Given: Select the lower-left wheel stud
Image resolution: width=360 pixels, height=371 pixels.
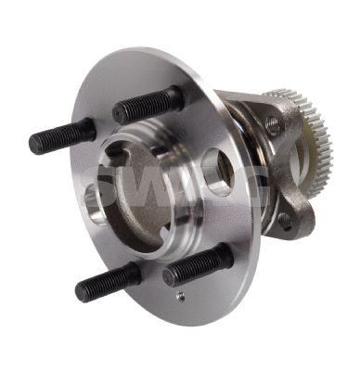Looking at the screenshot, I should click(x=107, y=281).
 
